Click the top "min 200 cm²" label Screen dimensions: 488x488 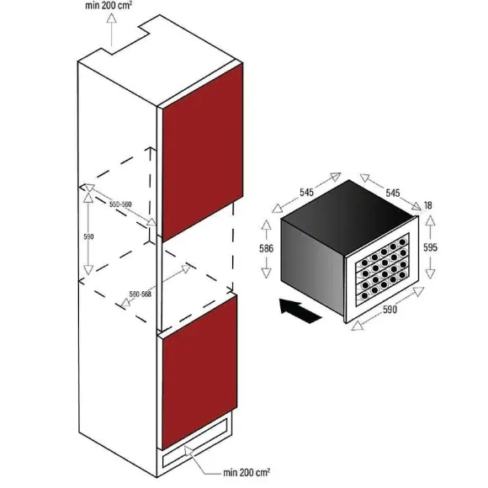[109, 6]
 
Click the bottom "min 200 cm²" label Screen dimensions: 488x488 [247, 473]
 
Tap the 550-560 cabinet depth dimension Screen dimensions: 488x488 [120, 204]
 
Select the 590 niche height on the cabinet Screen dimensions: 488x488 [88, 236]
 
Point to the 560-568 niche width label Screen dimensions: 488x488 [140, 294]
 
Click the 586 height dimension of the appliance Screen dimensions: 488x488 [266, 248]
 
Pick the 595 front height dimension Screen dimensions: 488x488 [431, 247]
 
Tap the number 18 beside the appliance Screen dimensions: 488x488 [428, 205]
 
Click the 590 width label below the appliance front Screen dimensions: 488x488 [390, 310]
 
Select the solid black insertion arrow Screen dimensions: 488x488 [300, 310]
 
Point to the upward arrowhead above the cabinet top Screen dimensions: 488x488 [111, 18]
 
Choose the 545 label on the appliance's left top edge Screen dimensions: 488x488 [306, 193]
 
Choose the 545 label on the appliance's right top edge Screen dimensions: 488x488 [393, 193]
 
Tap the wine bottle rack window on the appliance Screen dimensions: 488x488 [383, 268]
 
